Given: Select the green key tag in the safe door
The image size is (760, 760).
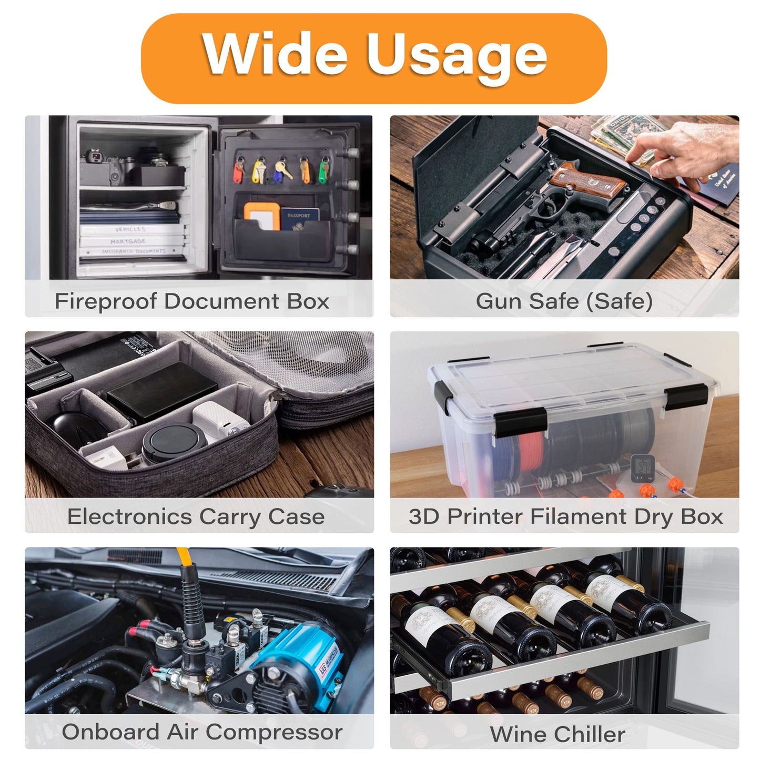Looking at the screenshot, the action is click(x=323, y=171).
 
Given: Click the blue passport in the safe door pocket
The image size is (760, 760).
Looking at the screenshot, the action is click(x=300, y=219).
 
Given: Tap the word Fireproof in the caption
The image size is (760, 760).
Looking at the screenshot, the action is click(x=106, y=302).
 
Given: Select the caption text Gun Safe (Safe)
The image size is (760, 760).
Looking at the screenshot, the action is click(x=564, y=301).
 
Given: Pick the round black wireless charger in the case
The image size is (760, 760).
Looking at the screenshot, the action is click(x=174, y=441).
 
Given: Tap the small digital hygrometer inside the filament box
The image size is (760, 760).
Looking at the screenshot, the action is click(x=643, y=469).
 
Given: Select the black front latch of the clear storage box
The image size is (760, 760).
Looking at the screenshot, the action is click(x=521, y=422).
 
